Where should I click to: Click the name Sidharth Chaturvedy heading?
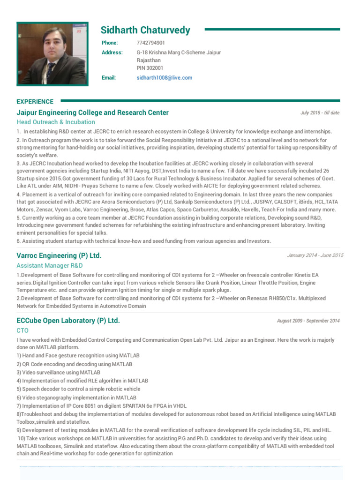coord(145,30)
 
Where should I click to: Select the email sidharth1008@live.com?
coord(164,78)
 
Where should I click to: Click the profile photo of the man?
coord(52,54)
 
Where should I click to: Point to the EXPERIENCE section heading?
coord(35,101)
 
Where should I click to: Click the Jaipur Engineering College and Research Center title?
coord(93,112)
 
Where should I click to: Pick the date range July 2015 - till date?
coord(320,113)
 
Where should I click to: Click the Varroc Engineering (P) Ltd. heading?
coord(59,255)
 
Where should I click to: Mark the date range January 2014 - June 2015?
coord(315,255)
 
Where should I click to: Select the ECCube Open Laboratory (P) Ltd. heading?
coord(68,321)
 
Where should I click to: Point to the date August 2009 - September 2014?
coord(308,321)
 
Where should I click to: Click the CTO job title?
coord(22,330)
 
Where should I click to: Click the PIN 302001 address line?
coord(150,68)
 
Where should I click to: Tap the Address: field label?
coord(112,52)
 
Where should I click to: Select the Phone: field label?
coord(110,43)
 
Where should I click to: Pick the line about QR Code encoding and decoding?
coord(74,364)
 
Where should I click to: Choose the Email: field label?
coord(109,78)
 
